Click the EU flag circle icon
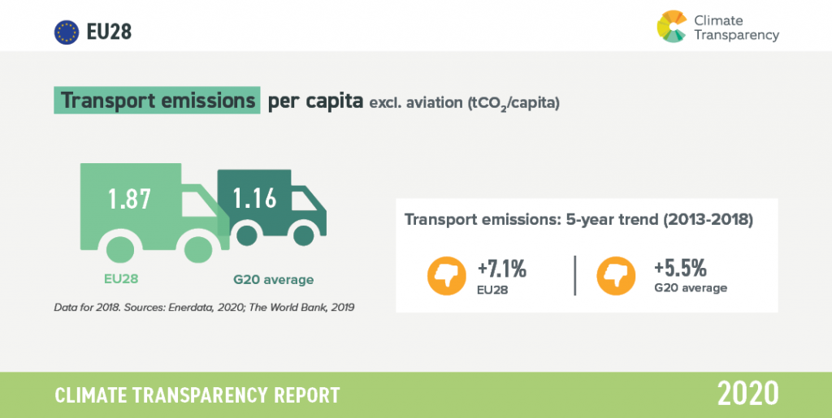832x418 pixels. click(67, 32)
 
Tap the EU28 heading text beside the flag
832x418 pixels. click(109, 32)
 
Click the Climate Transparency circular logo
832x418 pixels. click(672, 26)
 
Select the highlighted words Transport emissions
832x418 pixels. click(157, 100)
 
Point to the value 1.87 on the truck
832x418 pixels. click(130, 199)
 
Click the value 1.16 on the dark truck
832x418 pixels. click(255, 198)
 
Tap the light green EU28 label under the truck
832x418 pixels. click(120, 279)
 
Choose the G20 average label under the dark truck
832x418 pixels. click(273, 279)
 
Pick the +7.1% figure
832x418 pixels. click(502, 269)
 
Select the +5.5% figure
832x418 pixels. click(680, 269)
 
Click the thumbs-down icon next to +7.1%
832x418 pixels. click(447, 275)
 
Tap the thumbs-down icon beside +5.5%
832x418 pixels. click(616, 275)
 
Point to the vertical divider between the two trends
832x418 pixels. click(575, 275)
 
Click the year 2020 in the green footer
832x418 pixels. click(747, 394)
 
